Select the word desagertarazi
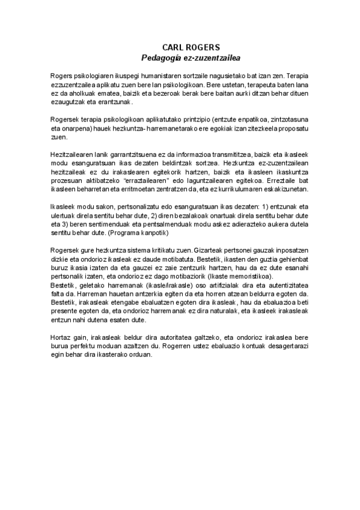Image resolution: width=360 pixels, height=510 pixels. click(x=288, y=345)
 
